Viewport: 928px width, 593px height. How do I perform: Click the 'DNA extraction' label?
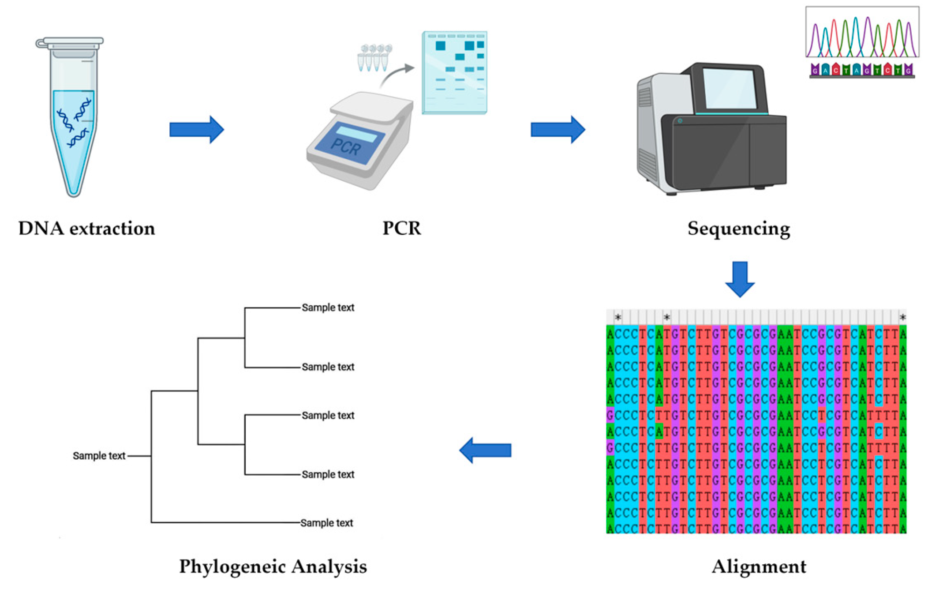pos(86,229)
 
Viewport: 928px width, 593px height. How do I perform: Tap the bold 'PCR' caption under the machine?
pos(401,229)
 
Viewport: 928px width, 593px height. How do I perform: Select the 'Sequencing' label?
pos(738,229)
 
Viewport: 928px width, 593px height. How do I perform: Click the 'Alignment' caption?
pos(758,566)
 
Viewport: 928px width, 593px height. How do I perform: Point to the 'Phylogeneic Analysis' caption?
pos(273,566)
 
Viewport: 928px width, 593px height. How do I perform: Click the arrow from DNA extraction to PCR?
pos(197,129)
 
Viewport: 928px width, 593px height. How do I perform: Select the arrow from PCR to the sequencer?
pos(558,129)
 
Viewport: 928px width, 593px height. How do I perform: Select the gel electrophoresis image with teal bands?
pos(454,73)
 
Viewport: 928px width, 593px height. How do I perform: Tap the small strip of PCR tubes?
pos(374,57)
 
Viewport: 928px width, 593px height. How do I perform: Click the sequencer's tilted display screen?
pos(729,88)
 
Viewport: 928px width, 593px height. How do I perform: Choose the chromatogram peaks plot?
pos(862,33)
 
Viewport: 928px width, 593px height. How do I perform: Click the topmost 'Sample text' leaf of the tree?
pos(328,308)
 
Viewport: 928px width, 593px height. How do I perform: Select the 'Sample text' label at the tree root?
pos(99,456)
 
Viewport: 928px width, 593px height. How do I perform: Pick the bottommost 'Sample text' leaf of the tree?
pos(326,523)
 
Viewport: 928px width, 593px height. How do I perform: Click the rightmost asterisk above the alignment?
pos(902,317)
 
